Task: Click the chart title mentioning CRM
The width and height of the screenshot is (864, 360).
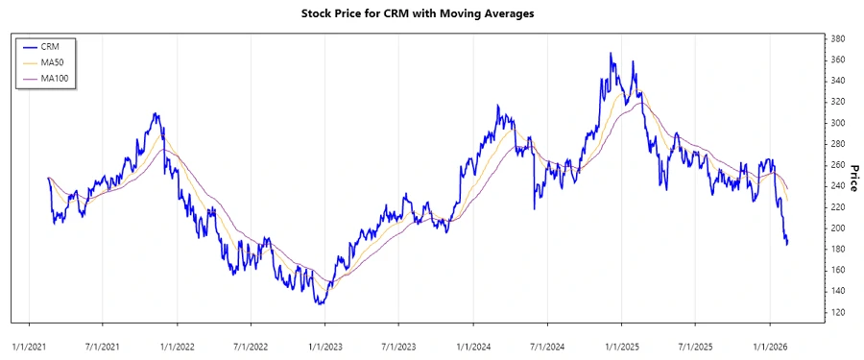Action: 431,13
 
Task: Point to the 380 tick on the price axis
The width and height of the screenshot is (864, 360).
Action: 837,39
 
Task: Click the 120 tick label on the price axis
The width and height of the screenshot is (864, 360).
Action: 837,313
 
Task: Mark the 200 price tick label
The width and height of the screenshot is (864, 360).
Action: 837,228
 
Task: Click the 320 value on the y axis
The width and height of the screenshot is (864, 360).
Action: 837,103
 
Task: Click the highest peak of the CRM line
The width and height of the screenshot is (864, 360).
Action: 611,54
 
